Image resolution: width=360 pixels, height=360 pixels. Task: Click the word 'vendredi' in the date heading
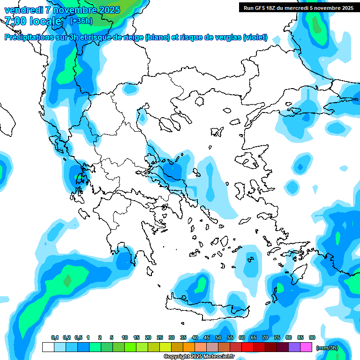22,10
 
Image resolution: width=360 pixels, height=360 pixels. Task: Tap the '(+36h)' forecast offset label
81,21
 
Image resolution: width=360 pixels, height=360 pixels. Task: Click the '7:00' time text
15,21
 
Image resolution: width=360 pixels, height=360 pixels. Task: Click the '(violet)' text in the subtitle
255,37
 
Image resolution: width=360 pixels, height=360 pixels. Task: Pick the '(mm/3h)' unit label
327,348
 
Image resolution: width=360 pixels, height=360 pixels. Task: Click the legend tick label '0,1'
54,337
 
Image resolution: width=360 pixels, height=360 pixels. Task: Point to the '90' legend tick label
312,337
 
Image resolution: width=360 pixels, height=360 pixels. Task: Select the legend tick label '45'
207,337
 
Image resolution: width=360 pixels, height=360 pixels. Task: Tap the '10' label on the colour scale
125,337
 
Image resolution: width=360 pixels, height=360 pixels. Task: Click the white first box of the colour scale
48,347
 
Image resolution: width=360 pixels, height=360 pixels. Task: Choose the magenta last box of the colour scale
306,347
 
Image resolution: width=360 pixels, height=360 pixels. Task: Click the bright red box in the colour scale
247,347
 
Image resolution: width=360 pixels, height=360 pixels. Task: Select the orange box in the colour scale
189,347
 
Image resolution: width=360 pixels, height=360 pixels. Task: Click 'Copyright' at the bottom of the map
175,357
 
